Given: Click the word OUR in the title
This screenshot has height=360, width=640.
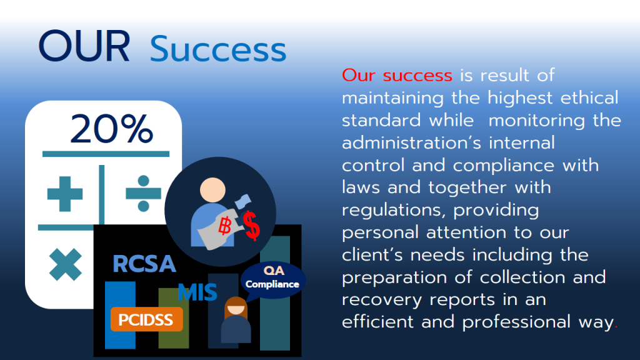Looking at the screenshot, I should point(84,47).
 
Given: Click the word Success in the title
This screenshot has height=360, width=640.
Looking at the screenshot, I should point(218,49).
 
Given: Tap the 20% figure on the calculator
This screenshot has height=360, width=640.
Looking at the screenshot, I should point(111,129).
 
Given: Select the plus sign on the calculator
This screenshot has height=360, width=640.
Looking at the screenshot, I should point(65,194).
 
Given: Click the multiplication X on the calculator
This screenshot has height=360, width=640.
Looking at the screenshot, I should point(65,264).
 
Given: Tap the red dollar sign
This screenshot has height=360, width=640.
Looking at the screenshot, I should point(252,226).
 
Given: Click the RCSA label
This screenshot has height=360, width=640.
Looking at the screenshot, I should point(144,264).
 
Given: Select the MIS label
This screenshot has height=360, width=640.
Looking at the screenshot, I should point(197,292).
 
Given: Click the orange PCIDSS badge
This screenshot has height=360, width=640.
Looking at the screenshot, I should point(146,319).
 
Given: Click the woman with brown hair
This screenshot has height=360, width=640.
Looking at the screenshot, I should point(236,321).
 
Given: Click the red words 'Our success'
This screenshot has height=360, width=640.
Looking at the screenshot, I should point(397,76).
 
